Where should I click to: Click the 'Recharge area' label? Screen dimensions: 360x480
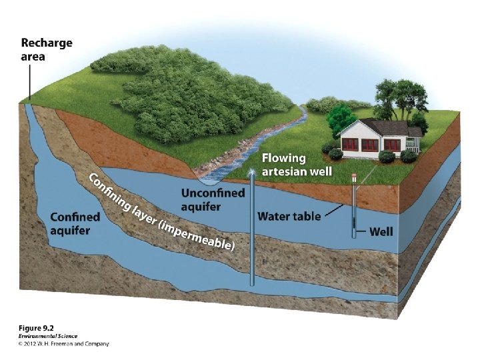[x=47, y=49]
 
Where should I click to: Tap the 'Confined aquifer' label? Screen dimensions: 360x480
[x=75, y=223]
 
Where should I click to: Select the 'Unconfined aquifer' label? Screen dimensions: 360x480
[x=213, y=199]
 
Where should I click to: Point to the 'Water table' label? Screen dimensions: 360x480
[x=289, y=216]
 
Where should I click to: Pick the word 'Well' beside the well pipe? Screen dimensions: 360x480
[x=381, y=231]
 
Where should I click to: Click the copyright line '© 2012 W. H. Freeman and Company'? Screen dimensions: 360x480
[x=63, y=344]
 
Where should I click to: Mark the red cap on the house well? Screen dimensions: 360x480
[x=354, y=177]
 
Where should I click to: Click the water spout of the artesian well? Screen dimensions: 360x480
[x=252, y=173]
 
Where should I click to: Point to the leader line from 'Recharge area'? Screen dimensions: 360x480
[x=29, y=83]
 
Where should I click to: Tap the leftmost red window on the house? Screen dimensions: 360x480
[x=349, y=143]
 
